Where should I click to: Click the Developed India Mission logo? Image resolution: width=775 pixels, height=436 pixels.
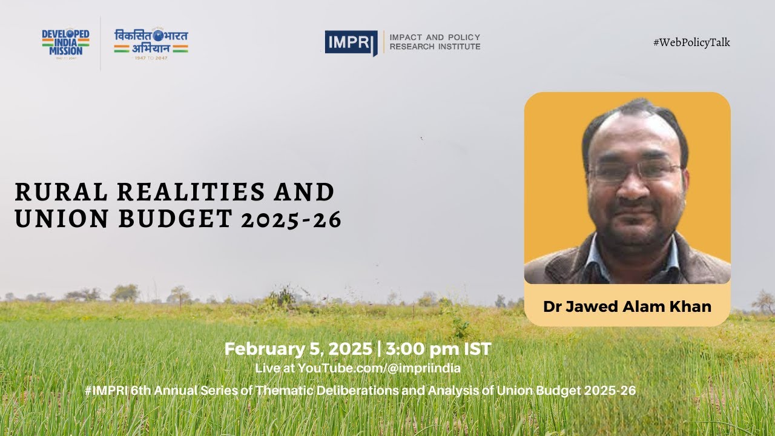click(65, 42)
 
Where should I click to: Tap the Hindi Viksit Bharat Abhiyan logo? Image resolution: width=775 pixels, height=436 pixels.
click(151, 42)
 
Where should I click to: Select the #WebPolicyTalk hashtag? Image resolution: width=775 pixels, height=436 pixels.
click(691, 42)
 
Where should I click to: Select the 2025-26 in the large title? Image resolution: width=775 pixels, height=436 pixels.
click(291, 220)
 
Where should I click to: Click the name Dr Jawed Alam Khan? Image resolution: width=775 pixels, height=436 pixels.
click(627, 306)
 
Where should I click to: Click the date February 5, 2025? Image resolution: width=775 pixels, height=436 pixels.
click(298, 349)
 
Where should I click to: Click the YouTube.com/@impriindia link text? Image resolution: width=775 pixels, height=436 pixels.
click(379, 368)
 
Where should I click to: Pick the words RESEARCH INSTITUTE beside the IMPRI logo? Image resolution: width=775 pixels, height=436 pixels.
click(435, 47)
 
